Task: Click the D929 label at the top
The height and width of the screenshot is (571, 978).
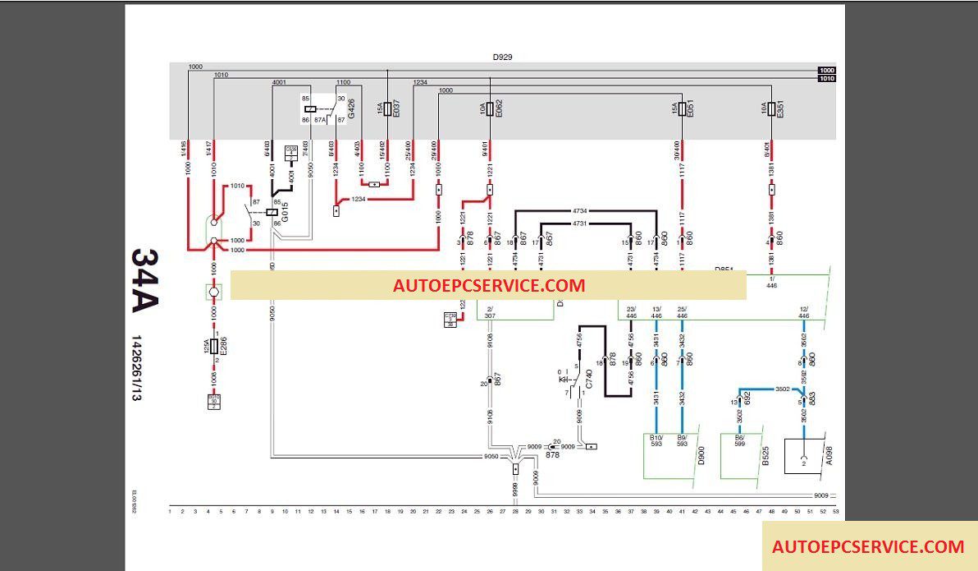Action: point(502,58)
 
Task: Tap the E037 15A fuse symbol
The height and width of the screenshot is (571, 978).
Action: point(387,108)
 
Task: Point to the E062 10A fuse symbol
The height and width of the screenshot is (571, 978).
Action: point(490,108)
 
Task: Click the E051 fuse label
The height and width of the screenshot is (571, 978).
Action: point(691,108)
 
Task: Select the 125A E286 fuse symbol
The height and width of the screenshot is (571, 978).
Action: point(213,347)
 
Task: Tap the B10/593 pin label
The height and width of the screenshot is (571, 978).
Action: point(656,440)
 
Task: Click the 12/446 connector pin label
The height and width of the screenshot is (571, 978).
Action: point(803,312)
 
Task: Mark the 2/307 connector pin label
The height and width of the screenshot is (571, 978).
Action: point(490,312)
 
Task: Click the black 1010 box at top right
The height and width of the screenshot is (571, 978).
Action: point(826,79)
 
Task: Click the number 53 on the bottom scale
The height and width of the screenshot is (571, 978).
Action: point(835,512)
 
